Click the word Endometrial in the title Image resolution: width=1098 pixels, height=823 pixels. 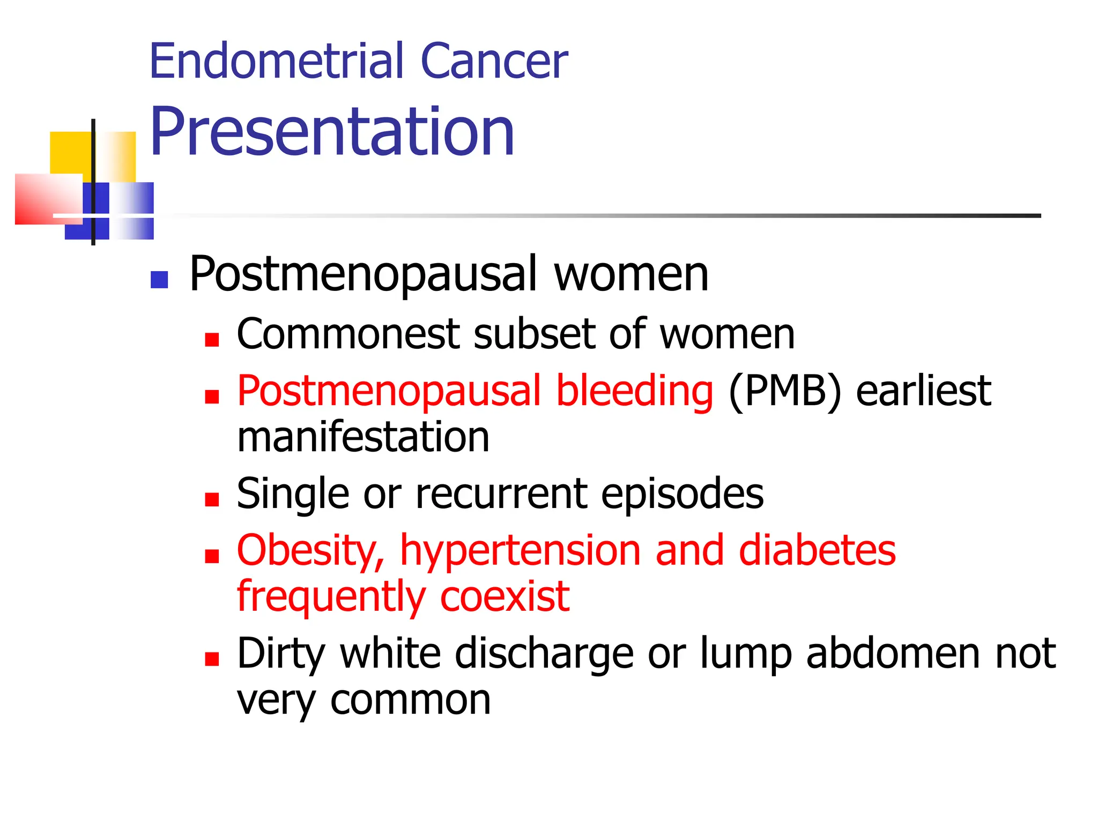(277, 62)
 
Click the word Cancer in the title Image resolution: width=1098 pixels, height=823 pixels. (494, 62)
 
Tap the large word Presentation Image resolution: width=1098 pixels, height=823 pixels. (332, 132)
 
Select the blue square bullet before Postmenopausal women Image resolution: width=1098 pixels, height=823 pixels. (159, 279)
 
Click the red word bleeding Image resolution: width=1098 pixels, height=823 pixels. (634, 391)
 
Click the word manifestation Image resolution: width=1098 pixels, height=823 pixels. (363, 437)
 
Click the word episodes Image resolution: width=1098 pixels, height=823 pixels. (682, 493)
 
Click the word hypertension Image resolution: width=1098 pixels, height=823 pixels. (521, 551)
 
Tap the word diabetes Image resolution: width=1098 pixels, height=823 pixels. (817, 551)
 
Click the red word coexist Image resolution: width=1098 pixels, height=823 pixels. (505, 596)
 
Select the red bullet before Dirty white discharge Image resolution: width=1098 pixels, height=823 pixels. (212, 659)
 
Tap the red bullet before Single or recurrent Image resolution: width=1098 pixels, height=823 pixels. (212, 499)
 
